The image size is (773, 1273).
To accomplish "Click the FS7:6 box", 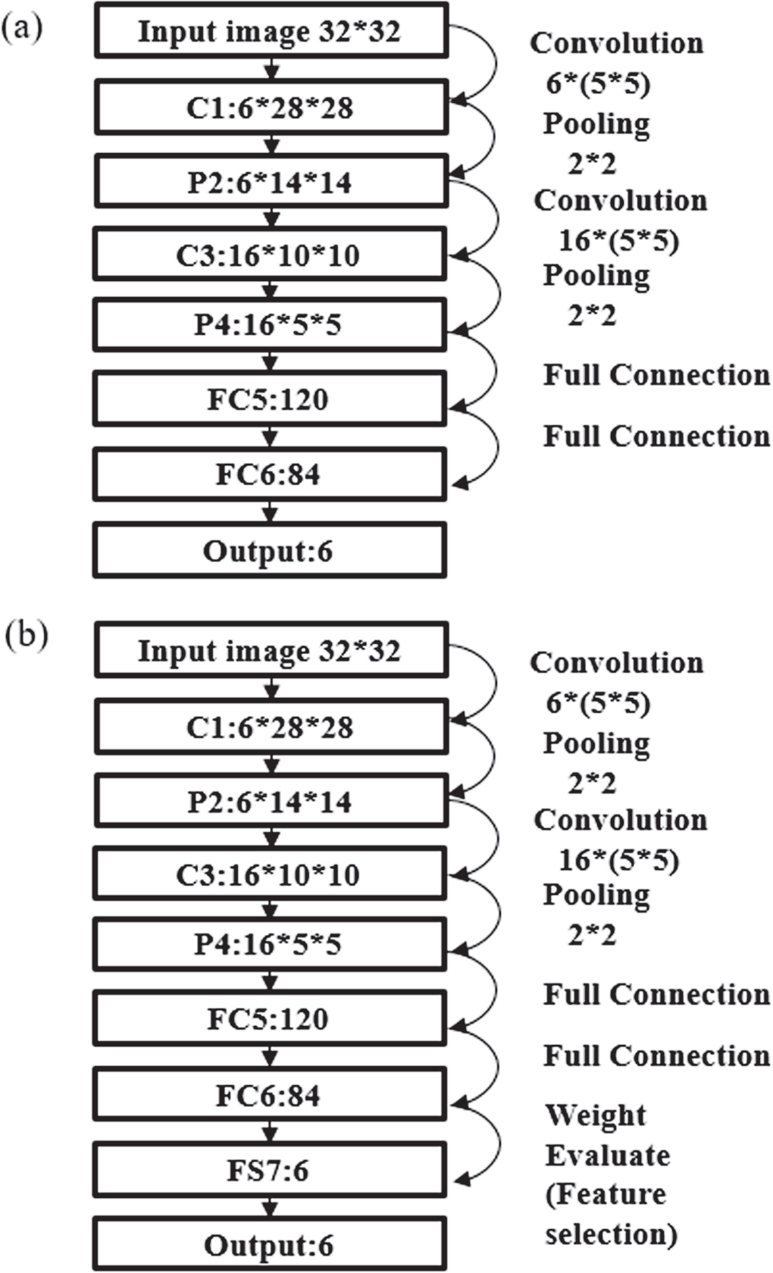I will pyautogui.click(x=270, y=1171).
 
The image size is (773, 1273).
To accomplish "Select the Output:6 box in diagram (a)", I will pyautogui.click(x=270, y=551).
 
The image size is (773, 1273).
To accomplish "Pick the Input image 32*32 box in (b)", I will pyautogui.click(x=270, y=651).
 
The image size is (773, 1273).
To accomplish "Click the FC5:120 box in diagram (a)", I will pyautogui.click(x=270, y=399).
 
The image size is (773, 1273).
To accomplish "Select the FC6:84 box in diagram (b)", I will pyautogui.click(x=270, y=1096).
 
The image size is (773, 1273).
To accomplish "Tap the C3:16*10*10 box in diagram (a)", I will pyautogui.click(x=270, y=256).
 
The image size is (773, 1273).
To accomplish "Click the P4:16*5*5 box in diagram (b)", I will pyautogui.click(x=270, y=944).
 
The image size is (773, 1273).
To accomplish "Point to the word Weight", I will pyautogui.click(x=596, y=1115).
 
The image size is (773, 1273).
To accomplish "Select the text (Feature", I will pyautogui.click(x=606, y=1195).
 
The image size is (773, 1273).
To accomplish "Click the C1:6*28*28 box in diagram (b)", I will pyautogui.click(x=270, y=727).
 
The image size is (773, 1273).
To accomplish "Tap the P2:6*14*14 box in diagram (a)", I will pyautogui.click(x=270, y=183).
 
